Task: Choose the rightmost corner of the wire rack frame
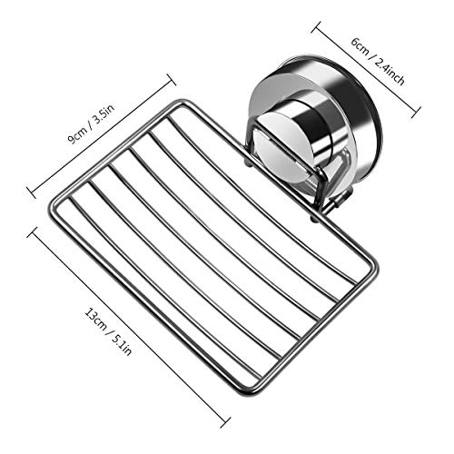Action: pos(374,266)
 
